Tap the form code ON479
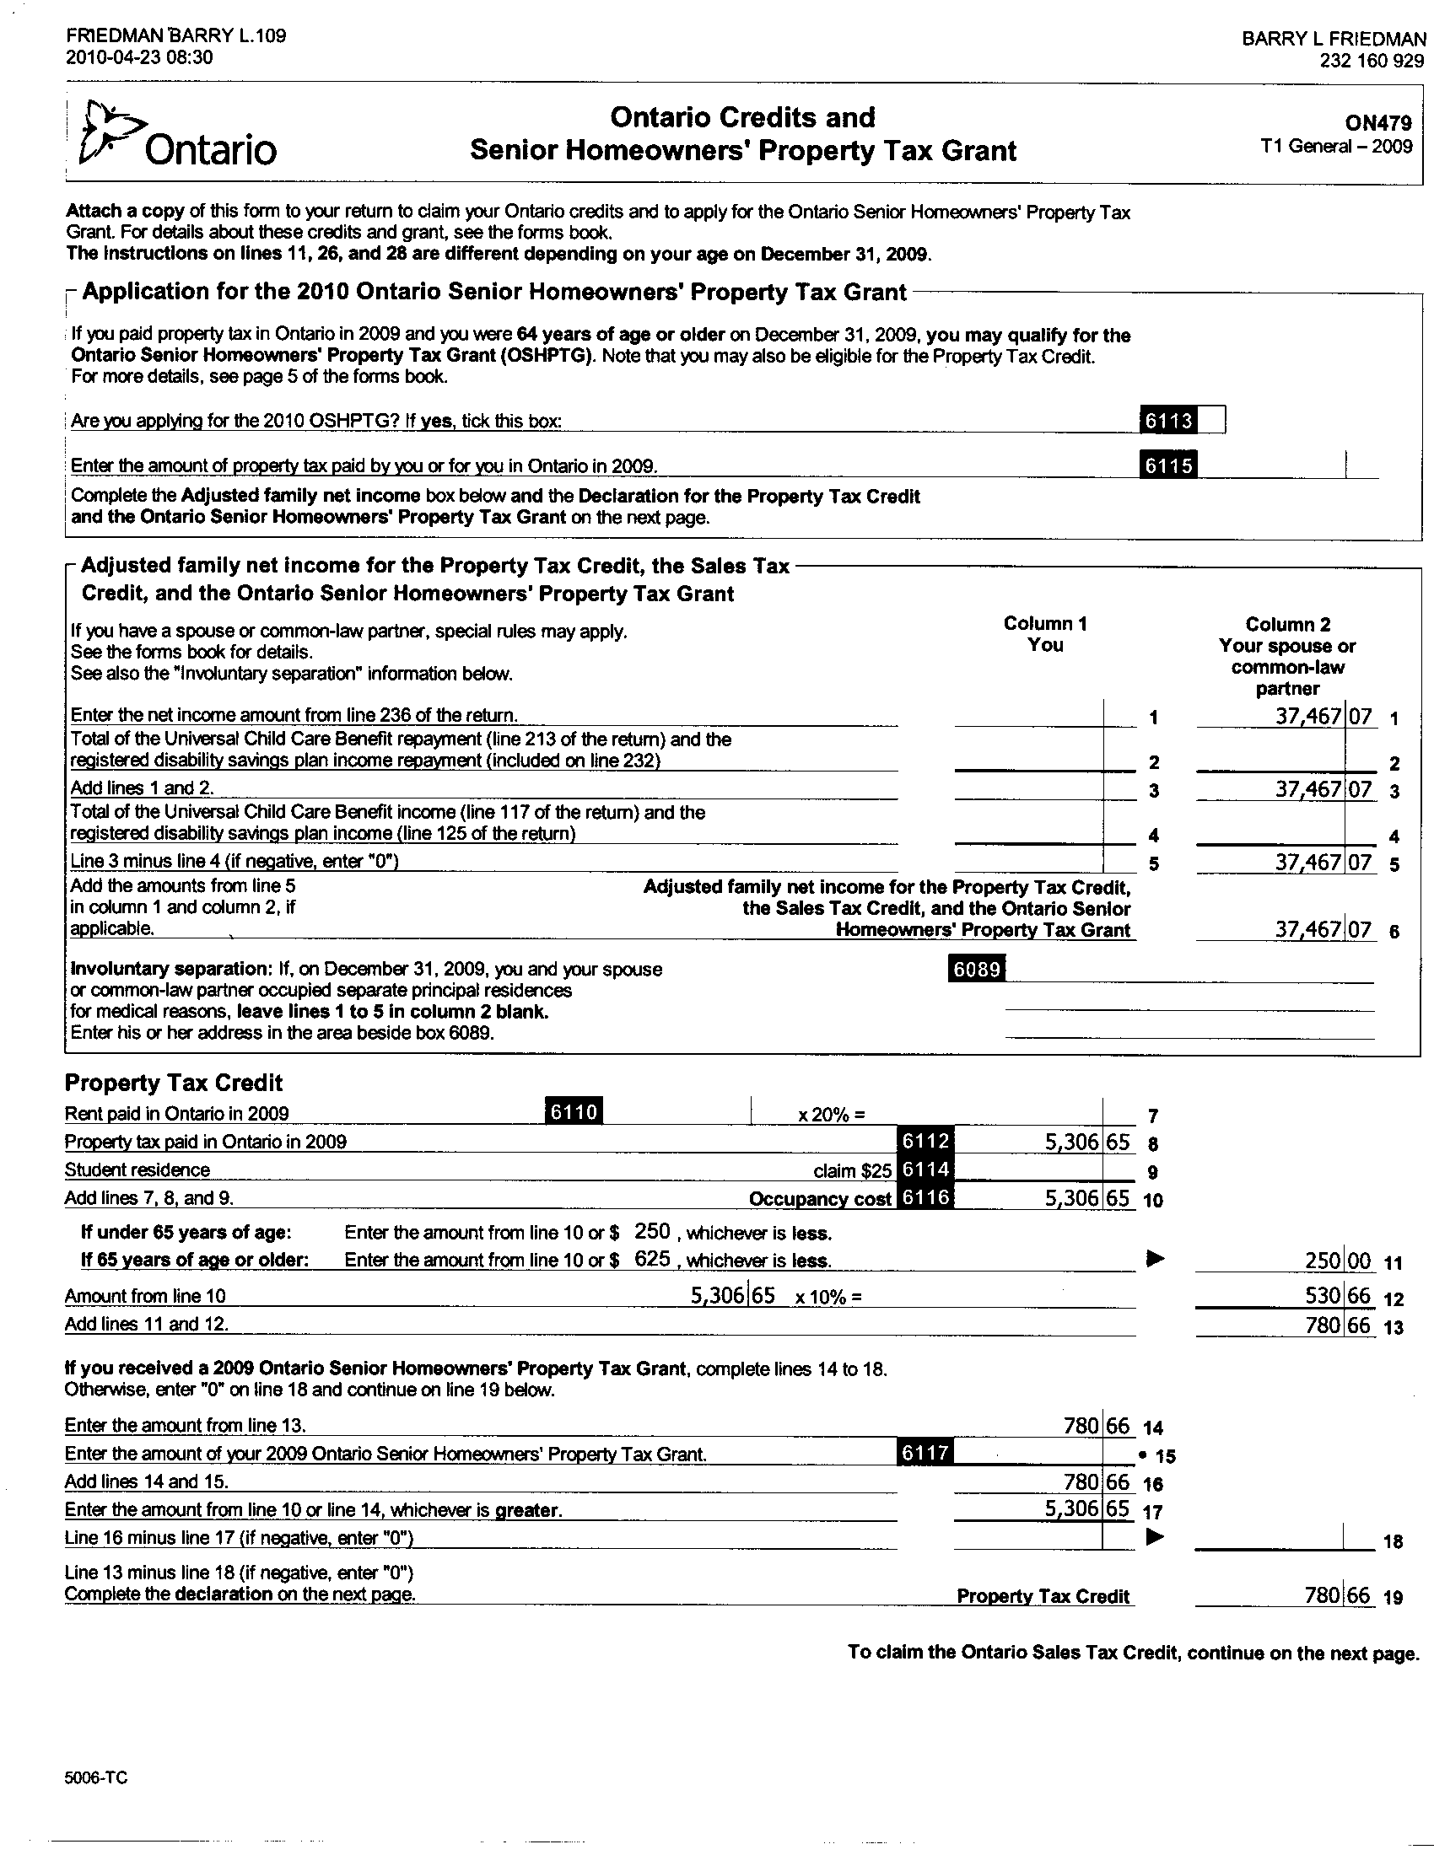tap(1378, 122)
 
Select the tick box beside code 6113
tap(1211, 420)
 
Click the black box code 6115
tap(1169, 465)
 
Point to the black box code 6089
tap(976, 968)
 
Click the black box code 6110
tap(574, 1111)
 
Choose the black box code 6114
tap(925, 1169)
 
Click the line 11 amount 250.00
tap(1337, 1260)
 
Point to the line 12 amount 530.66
tap(1337, 1296)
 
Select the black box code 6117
tap(925, 1453)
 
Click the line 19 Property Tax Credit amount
tap(1337, 1595)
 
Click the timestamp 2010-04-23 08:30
tap(139, 57)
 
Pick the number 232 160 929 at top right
tap(1371, 61)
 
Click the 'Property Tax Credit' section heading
tap(173, 1083)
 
